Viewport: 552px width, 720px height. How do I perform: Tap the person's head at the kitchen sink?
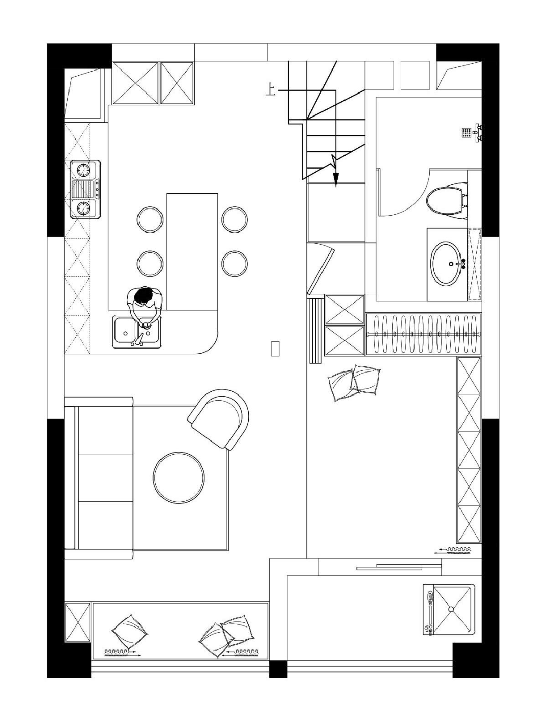point(144,295)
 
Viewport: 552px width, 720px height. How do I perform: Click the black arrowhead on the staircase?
point(336,179)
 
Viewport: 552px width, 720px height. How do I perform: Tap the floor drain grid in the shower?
point(467,133)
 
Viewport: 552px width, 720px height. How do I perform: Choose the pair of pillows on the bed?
point(353,383)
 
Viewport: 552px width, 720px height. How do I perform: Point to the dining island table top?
point(192,251)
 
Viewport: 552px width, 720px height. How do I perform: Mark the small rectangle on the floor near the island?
point(275,349)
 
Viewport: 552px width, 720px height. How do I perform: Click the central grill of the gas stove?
point(83,189)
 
